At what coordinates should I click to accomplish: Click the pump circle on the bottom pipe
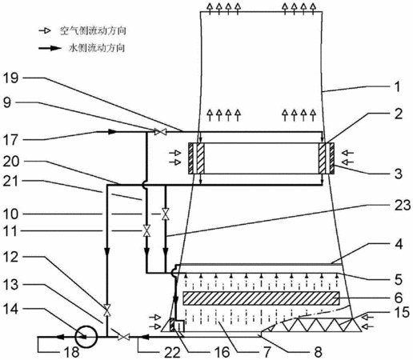pos(86,337)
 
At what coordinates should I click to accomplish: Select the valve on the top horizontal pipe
pos(161,132)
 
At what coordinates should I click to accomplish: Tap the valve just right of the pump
pos(124,337)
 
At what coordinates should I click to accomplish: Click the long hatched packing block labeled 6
pos(261,298)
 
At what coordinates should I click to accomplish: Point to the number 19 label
pos(10,78)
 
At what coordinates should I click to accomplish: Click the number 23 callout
pos(403,205)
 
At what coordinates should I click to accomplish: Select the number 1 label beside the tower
pos(397,87)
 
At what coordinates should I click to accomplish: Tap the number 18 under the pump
pos(72,352)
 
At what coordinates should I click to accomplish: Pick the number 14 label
pos(10,310)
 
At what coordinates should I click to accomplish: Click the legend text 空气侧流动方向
pos(93,31)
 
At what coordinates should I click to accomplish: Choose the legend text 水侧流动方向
pos(97,48)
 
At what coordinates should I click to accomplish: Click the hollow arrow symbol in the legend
pos(45,31)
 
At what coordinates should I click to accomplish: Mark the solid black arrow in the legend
pos(50,48)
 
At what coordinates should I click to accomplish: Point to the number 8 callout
pos(318,352)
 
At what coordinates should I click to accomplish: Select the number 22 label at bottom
pos(172,352)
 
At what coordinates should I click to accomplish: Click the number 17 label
pos(10,140)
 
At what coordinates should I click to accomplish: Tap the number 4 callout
pos(398,244)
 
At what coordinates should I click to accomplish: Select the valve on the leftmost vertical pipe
pos(107,310)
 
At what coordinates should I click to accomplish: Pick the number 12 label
pos(10,257)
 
